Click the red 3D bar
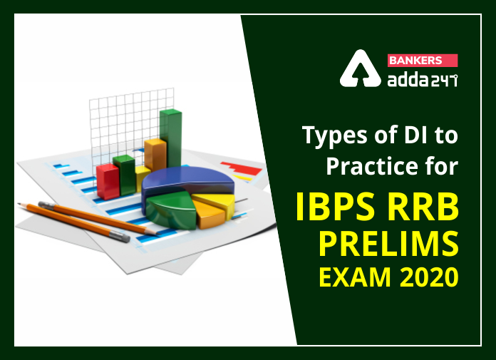click(108, 181)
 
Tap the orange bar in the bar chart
click(155, 155)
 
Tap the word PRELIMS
click(388, 245)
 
